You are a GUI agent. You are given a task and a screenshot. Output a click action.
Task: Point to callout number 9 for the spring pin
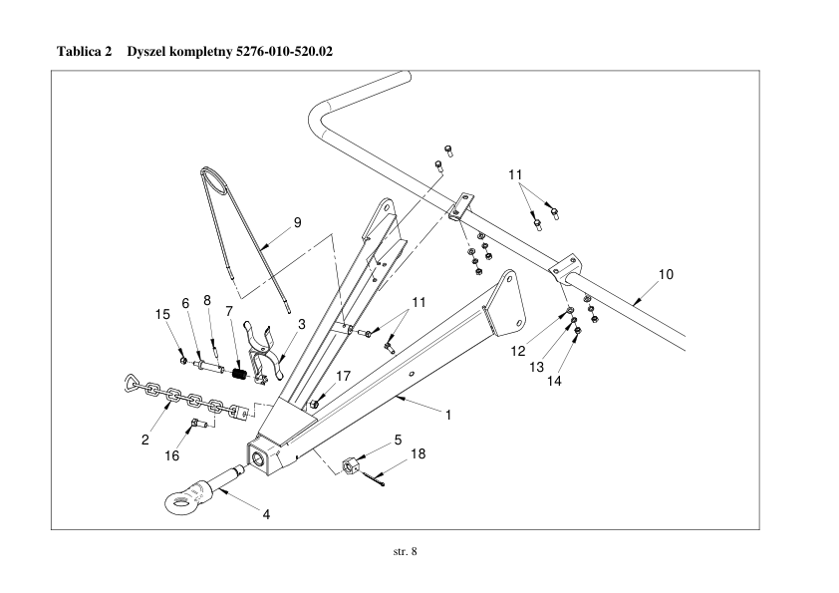point(298,222)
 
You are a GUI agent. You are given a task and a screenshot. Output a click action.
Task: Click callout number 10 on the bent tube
point(666,273)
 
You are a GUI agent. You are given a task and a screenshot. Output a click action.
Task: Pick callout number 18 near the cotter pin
point(419,454)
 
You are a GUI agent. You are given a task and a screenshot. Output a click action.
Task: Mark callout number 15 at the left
point(163,315)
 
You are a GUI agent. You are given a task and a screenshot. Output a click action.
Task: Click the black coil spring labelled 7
point(239,375)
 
